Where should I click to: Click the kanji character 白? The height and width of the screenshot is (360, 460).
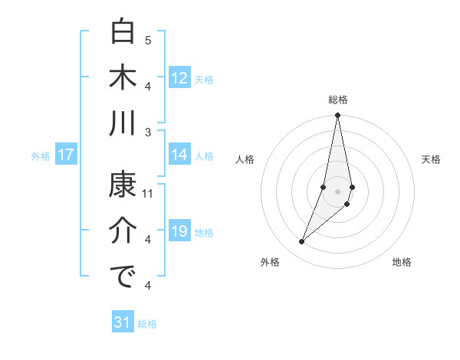point(123,33)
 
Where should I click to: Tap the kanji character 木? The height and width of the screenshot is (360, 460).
point(123,77)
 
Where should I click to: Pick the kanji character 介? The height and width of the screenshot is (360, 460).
point(123,231)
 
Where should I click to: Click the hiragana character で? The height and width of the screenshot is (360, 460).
point(123,277)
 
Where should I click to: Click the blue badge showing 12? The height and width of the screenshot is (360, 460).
point(179,77)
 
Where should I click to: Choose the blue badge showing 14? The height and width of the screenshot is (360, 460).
point(179,154)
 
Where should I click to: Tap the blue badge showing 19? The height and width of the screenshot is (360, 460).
point(179,231)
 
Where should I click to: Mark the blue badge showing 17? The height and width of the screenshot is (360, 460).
point(66,155)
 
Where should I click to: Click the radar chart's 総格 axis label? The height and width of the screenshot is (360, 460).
point(338,100)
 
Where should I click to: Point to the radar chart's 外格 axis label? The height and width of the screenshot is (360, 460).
point(270,262)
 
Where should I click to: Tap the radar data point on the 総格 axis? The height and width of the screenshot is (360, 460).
point(338,116)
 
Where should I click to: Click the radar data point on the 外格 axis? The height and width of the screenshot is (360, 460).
point(302,242)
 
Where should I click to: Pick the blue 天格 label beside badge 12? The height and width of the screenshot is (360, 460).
point(204,79)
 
